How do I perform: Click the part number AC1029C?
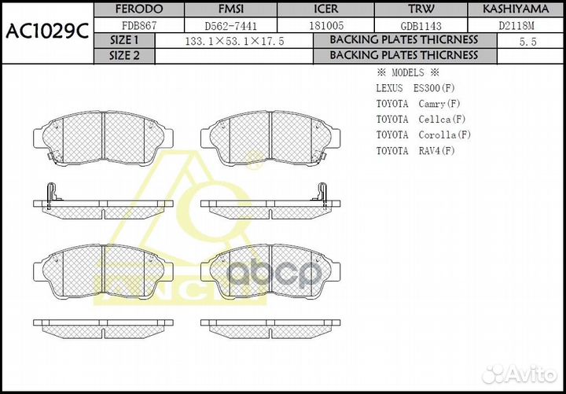[x=46, y=31]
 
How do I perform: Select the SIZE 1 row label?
[x=124, y=40]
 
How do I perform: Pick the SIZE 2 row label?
[x=124, y=56]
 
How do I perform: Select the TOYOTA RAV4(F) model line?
[x=415, y=150]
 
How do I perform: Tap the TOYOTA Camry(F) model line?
[x=418, y=103]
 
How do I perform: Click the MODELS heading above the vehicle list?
[x=406, y=72]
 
